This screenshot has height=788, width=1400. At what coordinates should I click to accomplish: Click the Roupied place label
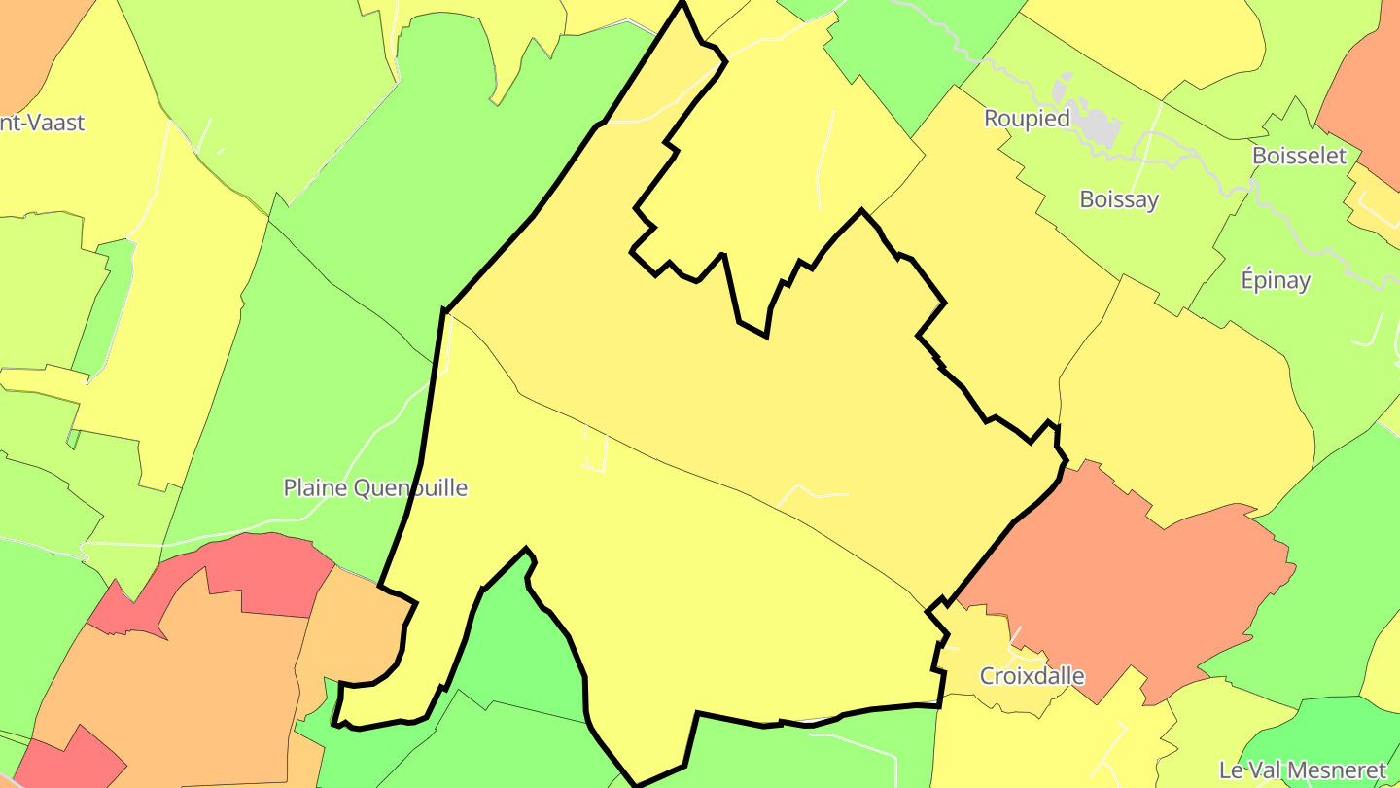coord(1027,119)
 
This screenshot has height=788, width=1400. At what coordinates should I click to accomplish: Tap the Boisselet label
coord(1299,156)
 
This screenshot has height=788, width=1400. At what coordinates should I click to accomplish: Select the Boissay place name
coord(1119,199)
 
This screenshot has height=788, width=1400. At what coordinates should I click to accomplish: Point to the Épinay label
coord(1276,280)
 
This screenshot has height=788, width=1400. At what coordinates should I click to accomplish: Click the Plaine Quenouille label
coord(375,487)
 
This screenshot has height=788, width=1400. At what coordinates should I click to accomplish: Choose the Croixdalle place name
coord(1032,676)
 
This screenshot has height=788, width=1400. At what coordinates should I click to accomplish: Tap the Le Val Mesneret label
coord(1302,770)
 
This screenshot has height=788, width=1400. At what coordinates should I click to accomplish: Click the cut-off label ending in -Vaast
coord(43,123)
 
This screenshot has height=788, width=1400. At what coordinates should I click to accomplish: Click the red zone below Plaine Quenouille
coord(262,574)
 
